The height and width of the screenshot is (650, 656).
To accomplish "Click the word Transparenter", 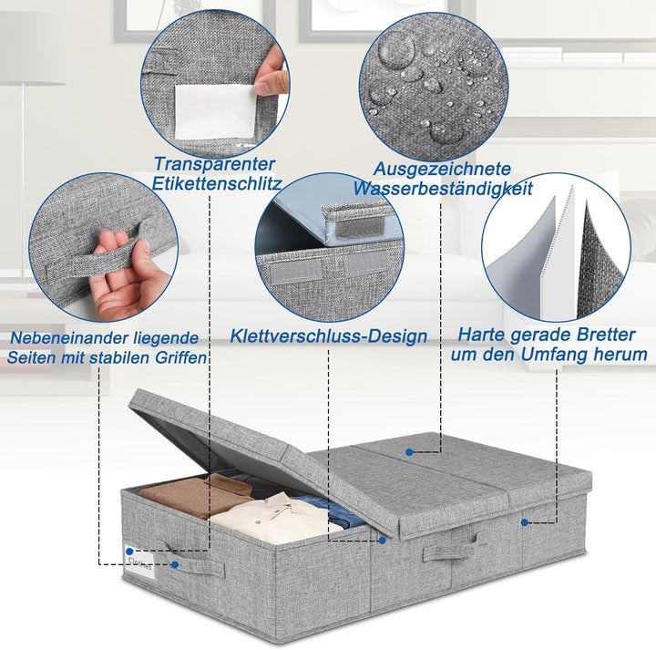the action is tap(214, 164).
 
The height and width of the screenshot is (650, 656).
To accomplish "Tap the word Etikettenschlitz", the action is tap(217, 183).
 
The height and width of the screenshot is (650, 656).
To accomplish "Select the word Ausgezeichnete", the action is tap(442, 169).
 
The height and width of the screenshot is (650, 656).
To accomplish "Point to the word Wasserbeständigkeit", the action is tap(443, 188).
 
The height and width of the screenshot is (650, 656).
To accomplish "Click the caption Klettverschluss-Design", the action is tap(329, 336).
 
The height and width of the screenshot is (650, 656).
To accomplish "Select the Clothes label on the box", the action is tap(140, 562).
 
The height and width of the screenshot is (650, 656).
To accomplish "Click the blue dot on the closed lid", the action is tap(410, 452).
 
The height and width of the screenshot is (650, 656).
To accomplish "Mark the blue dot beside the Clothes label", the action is tap(129, 552).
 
